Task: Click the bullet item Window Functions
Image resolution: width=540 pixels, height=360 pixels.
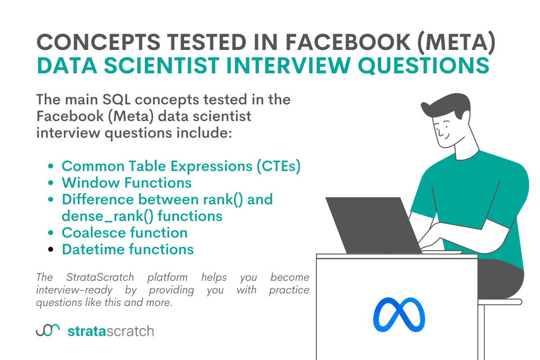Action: (x=126, y=183)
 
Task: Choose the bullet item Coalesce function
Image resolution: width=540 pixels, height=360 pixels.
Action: (x=125, y=233)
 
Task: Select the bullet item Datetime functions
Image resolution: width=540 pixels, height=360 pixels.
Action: (x=128, y=249)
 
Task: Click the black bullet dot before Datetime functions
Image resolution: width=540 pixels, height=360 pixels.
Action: (x=51, y=249)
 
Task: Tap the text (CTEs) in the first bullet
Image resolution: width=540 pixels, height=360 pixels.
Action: (x=278, y=166)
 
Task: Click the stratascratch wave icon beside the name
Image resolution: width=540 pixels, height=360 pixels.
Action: (x=48, y=331)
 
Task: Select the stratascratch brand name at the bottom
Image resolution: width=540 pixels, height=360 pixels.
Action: (x=111, y=332)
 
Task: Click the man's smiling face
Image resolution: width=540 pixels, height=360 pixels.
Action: (x=443, y=128)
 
